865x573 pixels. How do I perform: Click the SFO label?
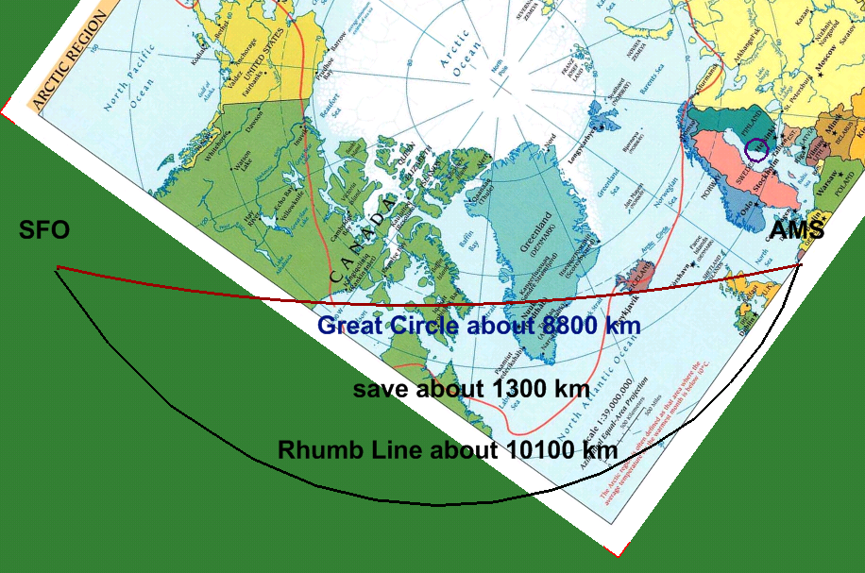click(44, 231)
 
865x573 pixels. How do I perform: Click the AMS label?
click(797, 231)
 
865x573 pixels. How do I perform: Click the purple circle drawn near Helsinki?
click(755, 149)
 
